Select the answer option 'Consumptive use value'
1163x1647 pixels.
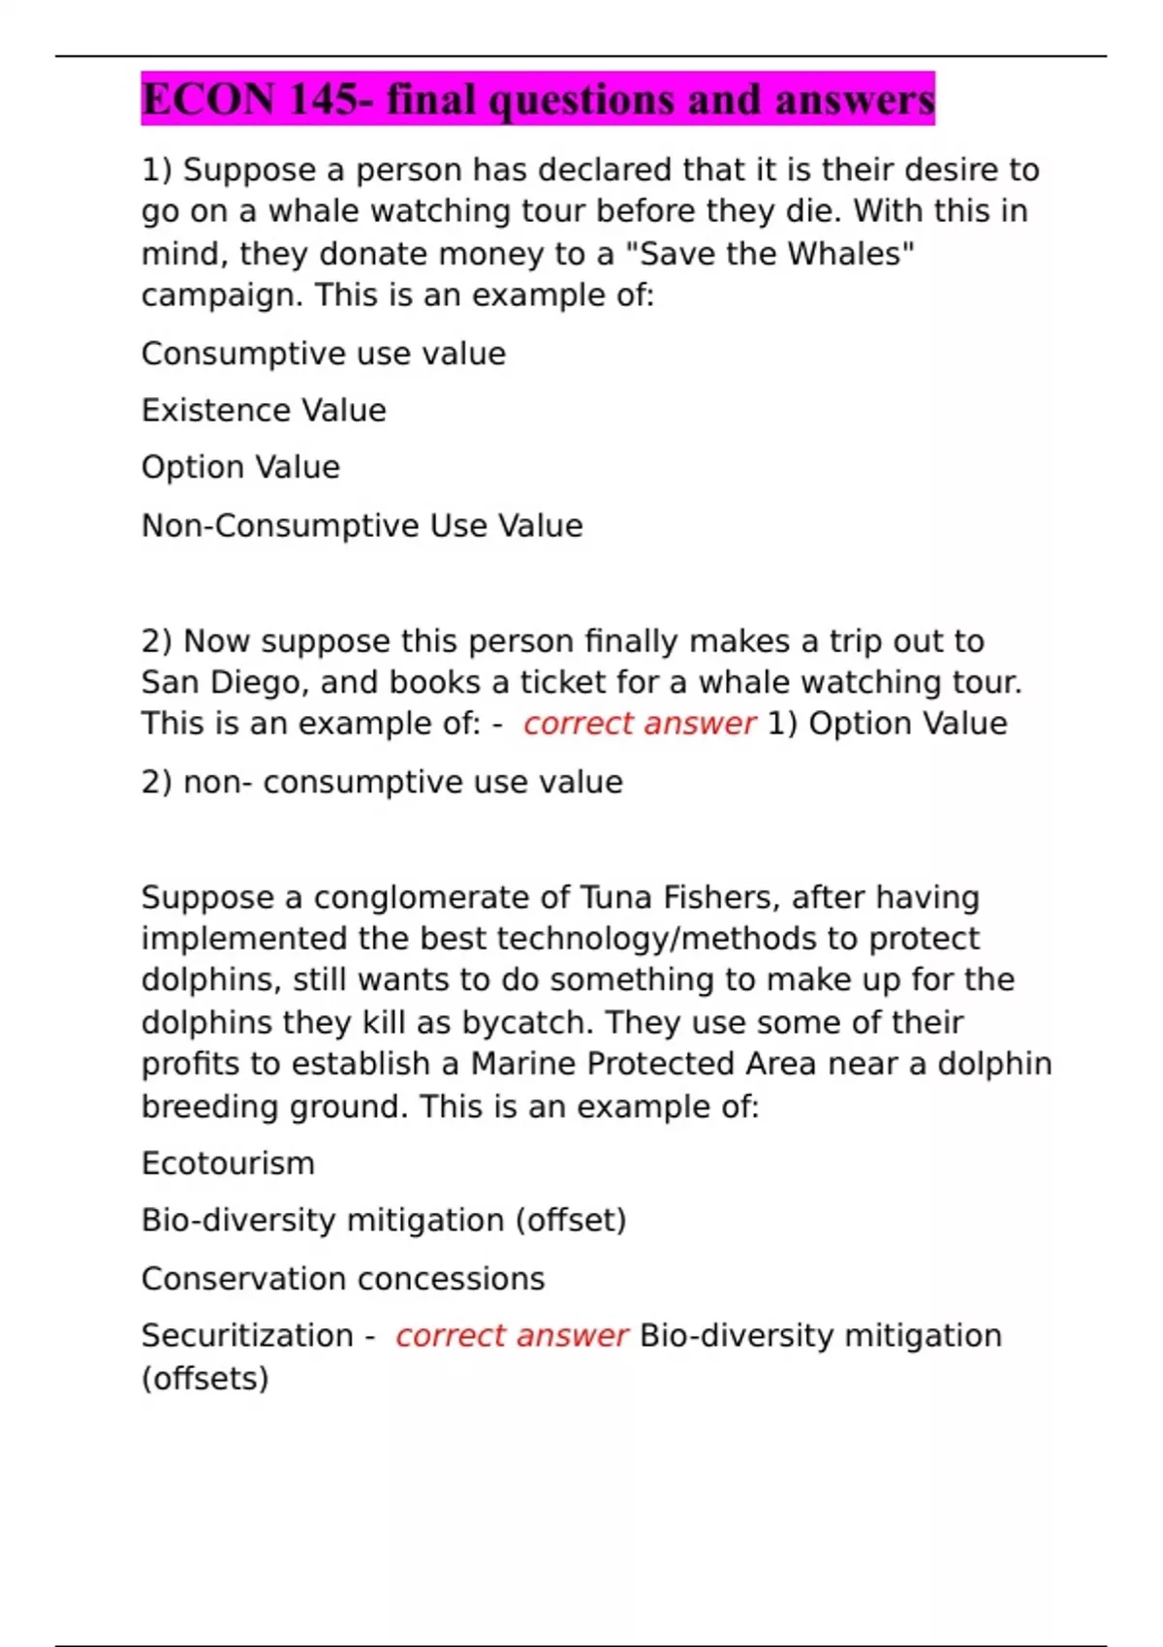323,354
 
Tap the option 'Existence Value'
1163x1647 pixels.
264,411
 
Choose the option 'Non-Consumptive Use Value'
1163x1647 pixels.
361,526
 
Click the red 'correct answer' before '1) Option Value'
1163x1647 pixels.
639,724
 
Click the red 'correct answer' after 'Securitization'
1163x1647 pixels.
511,1336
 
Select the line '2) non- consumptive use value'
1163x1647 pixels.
382,782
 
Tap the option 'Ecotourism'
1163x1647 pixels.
228,1164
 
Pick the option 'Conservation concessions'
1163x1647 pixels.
343,1279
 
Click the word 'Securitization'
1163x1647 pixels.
247,1336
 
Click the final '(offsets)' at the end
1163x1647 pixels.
204,1379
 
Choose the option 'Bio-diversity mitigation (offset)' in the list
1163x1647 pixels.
384,1221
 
